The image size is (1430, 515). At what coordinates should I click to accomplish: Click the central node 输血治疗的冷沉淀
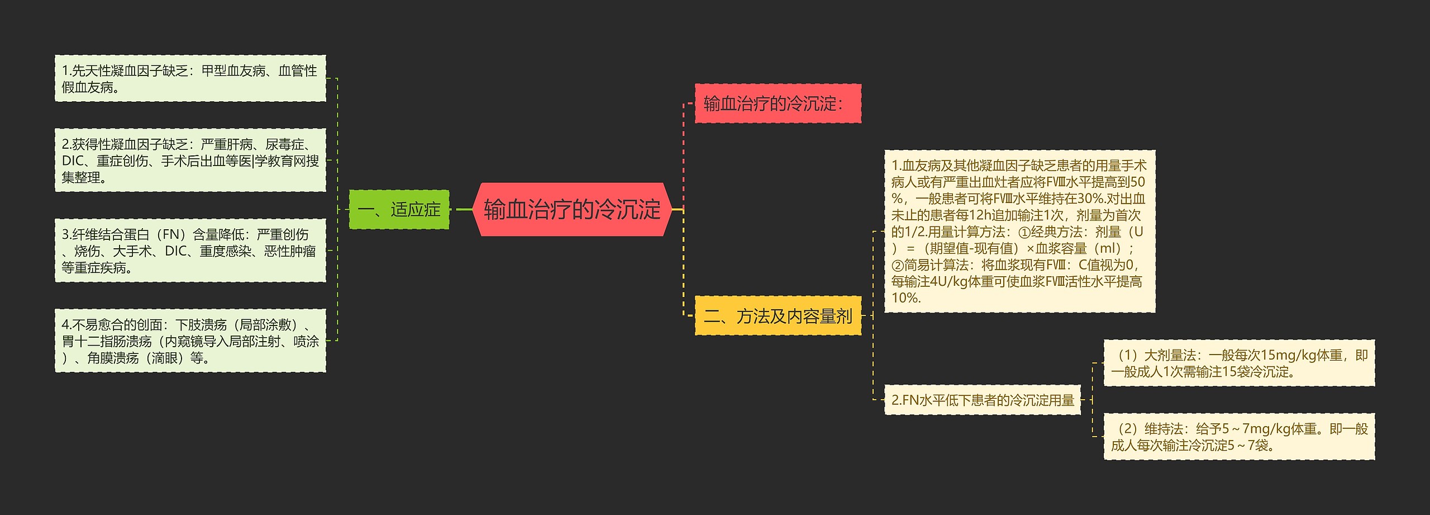pos(572,210)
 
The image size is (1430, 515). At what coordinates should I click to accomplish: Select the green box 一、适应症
pos(399,210)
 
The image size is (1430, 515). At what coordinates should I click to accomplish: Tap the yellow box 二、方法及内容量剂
pos(778,316)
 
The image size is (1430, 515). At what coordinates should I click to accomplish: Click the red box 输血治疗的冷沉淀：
pos(778,103)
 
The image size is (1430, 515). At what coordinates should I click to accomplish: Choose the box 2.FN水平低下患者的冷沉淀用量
pos(983,400)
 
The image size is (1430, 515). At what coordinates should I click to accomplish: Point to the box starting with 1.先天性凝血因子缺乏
pos(190,78)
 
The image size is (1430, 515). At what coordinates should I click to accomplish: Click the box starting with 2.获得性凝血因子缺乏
pos(190,160)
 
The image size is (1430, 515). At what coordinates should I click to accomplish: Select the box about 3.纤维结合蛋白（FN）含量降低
pos(190,251)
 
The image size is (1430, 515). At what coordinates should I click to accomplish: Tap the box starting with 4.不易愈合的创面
pos(190,341)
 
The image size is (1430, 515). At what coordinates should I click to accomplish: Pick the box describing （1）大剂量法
pos(1239,363)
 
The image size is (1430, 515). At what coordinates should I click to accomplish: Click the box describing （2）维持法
pos(1239,437)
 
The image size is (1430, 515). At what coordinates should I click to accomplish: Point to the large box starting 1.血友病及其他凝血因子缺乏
pos(1019,231)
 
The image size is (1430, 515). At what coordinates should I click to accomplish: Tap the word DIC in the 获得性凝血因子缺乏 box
pos(72,161)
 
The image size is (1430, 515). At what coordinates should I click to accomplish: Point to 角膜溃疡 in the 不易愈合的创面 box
pos(113,358)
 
